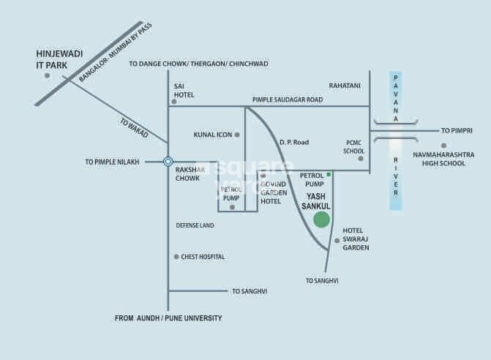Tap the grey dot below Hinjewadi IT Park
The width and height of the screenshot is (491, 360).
(47, 75)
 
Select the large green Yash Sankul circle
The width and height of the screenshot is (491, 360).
(322, 220)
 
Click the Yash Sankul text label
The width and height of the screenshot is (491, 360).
(316, 201)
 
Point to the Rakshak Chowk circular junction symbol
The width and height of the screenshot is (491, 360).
(168, 162)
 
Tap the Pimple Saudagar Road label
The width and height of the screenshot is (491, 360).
(288, 100)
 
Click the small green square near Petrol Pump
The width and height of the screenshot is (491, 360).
(329, 174)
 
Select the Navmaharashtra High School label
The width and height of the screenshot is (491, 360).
(443, 159)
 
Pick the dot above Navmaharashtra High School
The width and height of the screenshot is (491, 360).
(443, 146)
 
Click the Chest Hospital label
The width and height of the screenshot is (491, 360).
(203, 257)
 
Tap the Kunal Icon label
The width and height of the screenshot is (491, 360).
(212, 135)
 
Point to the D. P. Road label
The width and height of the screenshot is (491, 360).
(294, 142)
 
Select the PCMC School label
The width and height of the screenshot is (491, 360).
(354, 147)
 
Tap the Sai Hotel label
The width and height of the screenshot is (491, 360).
(184, 90)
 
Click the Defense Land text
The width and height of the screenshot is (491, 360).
(195, 225)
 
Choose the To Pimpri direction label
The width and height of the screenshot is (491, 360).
(458, 130)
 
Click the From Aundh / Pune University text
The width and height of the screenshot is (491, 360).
(168, 318)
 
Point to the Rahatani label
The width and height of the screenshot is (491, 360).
(345, 86)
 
